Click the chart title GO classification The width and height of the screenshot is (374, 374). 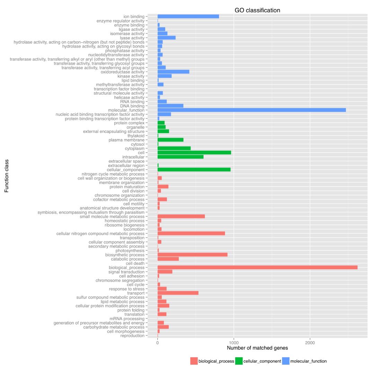(257, 10)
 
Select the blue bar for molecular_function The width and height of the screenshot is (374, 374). (251, 110)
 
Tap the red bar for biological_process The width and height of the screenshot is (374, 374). (257, 268)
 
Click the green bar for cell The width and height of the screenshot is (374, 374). (194, 153)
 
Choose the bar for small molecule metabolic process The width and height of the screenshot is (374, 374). (181, 216)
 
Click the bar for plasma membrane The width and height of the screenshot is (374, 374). (170, 140)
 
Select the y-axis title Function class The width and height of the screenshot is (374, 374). (7, 176)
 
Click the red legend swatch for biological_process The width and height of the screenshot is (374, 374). (194, 361)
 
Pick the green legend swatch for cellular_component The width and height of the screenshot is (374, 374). (239, 361)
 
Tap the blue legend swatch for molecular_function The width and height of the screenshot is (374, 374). (286, 361)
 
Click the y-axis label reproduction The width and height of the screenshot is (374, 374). (132, 336)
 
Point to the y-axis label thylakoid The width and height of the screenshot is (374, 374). (136, 136)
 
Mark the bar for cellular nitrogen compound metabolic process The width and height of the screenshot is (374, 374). (191, 233)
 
